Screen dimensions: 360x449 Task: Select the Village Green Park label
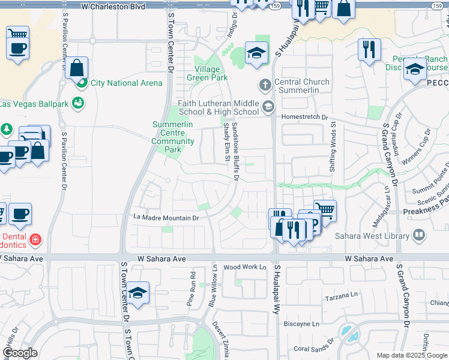[207, 73]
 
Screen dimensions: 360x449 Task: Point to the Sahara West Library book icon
[419, 235]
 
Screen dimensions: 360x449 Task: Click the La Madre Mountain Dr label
[166, 218]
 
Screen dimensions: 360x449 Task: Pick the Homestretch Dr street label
[306, 118]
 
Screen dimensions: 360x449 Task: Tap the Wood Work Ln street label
[244, 267]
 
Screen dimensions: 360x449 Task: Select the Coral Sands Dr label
[313, 349]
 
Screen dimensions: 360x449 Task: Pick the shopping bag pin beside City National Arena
[77, 68]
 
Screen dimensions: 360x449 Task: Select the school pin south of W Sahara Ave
[137, 293]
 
